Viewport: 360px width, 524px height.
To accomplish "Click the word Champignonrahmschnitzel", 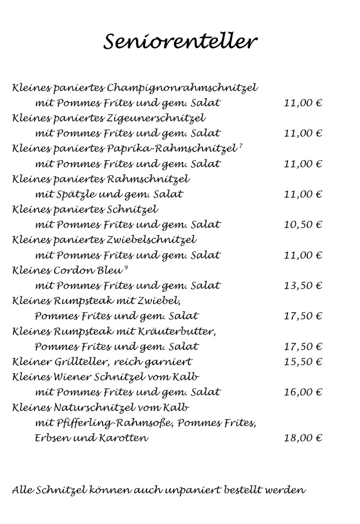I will [x=182, y=88].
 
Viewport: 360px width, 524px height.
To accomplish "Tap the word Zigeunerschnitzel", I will [x=156, y=118].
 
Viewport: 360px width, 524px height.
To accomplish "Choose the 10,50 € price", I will [x=302, y=225].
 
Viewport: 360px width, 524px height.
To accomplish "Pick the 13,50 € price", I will [x=302, y=286].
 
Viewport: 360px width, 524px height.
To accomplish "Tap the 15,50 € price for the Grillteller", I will [x=302, y=362].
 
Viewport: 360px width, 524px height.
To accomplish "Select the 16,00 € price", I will [x=302, y=392].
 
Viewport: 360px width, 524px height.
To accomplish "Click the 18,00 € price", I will [x=302, y=438].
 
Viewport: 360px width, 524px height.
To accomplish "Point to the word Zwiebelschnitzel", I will [x=151, y=240].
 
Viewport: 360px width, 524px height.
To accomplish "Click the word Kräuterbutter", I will [x=177, y=331].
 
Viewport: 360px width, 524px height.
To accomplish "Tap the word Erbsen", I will [x=50, y=438].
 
